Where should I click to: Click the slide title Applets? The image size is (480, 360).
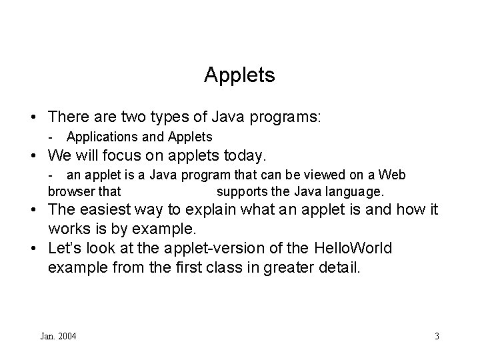[x=239, y=75]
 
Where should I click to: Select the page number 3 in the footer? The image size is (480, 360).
[x=437, y=336]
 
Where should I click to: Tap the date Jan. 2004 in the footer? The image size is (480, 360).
[x=58, y=336]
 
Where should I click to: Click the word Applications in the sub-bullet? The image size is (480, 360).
[x=98, y=137]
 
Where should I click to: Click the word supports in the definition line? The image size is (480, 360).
[x=243, y=191]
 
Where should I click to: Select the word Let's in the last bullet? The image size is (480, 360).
[x=65, y=249]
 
